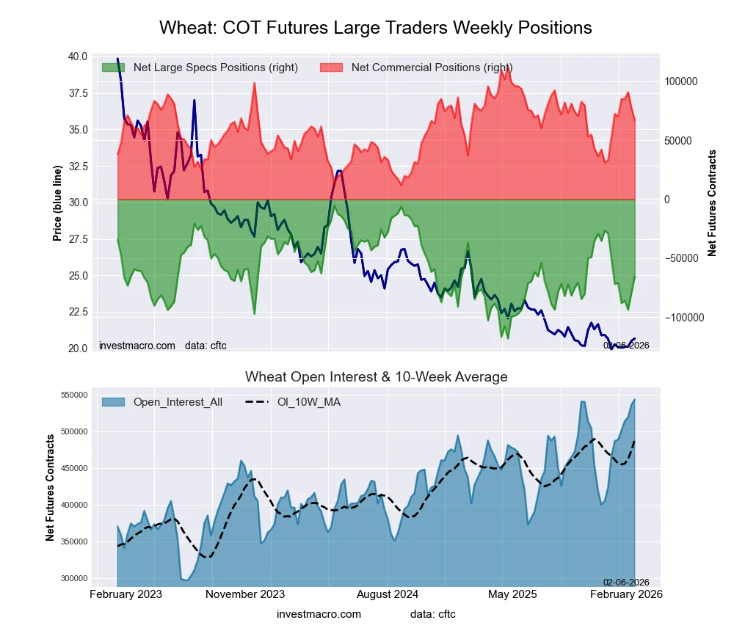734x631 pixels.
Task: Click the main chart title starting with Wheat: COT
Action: point(375,28)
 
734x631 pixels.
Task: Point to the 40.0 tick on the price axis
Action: point(78,56)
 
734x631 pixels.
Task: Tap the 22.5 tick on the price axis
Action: point(78,312)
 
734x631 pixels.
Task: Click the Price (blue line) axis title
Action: point(57,203)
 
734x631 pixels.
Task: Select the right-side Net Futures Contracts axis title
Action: point(712,203)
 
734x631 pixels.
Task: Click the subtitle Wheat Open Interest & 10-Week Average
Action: point(376,377)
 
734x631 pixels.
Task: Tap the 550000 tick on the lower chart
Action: point(73,395)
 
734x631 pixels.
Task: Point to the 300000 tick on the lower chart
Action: point(73,578)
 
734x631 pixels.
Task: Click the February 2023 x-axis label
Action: point(126,594)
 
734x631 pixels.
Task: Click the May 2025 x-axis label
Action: point(512,594)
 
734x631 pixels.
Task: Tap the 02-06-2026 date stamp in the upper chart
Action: point(626,345)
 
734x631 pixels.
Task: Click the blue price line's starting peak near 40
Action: point(118,58)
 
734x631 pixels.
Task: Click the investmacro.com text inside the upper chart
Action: point(137,345)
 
